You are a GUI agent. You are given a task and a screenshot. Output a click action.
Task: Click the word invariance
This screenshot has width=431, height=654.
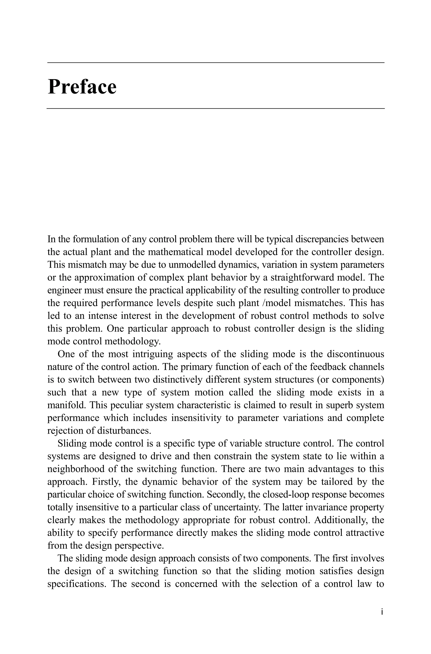point(321,507)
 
